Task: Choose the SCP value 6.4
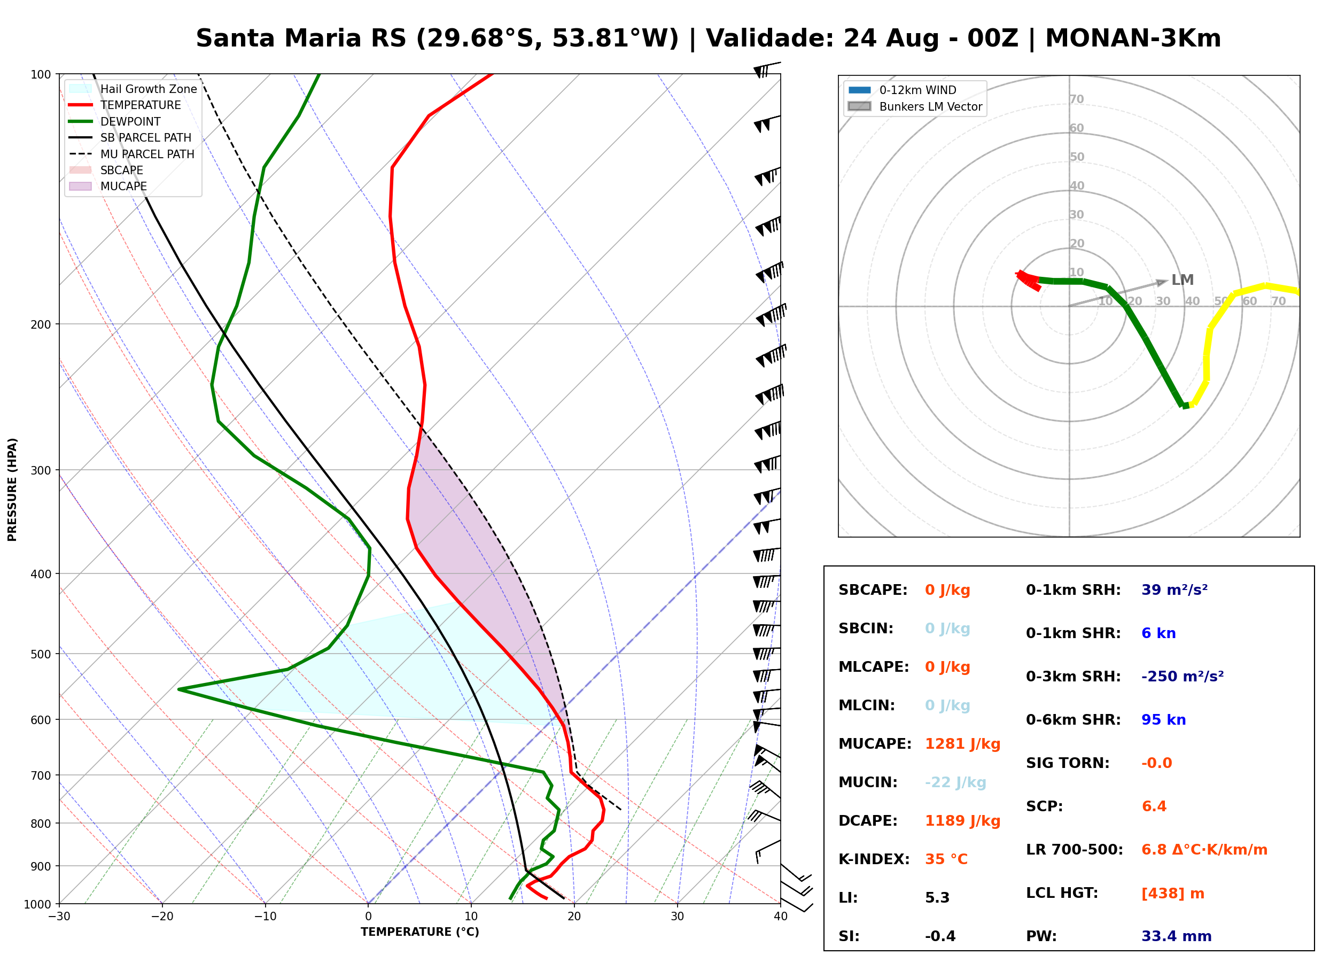[x=1154, y=806]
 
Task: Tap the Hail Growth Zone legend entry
[x=133, y=89]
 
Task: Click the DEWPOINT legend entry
[x=115, y=121]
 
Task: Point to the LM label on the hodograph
[x=1183, y=280]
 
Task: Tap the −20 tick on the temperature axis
[x=162, y=917]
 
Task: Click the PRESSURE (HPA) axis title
[x=12, y=490]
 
